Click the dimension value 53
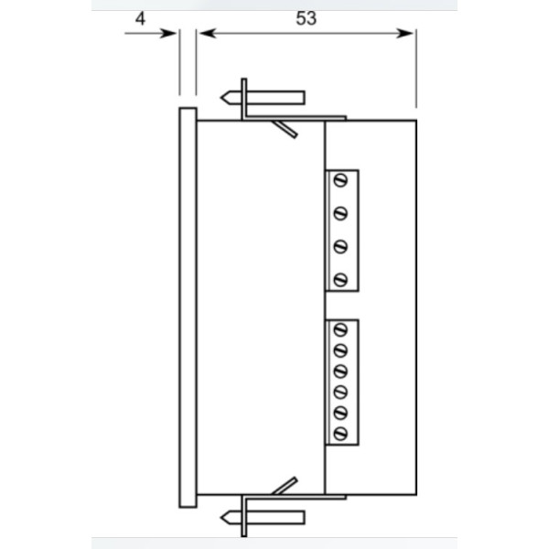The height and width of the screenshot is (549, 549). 307,17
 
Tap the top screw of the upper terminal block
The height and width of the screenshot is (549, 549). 340,179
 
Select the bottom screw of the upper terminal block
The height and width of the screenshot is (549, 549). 340,280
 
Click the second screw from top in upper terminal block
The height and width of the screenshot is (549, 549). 340,213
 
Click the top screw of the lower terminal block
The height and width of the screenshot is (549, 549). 340,328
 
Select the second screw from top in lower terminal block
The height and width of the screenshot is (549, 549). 340,350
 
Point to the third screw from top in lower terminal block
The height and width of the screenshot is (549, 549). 340,371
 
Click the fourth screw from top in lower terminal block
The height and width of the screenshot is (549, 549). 340,392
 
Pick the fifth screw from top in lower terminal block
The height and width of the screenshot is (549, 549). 340,413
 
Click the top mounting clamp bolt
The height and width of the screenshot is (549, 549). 265,97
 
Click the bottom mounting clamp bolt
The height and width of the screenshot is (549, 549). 265,518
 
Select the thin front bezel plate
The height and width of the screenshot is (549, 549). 188,307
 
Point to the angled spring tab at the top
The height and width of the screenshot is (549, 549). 285,129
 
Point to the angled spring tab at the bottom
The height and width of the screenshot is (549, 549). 285,486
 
